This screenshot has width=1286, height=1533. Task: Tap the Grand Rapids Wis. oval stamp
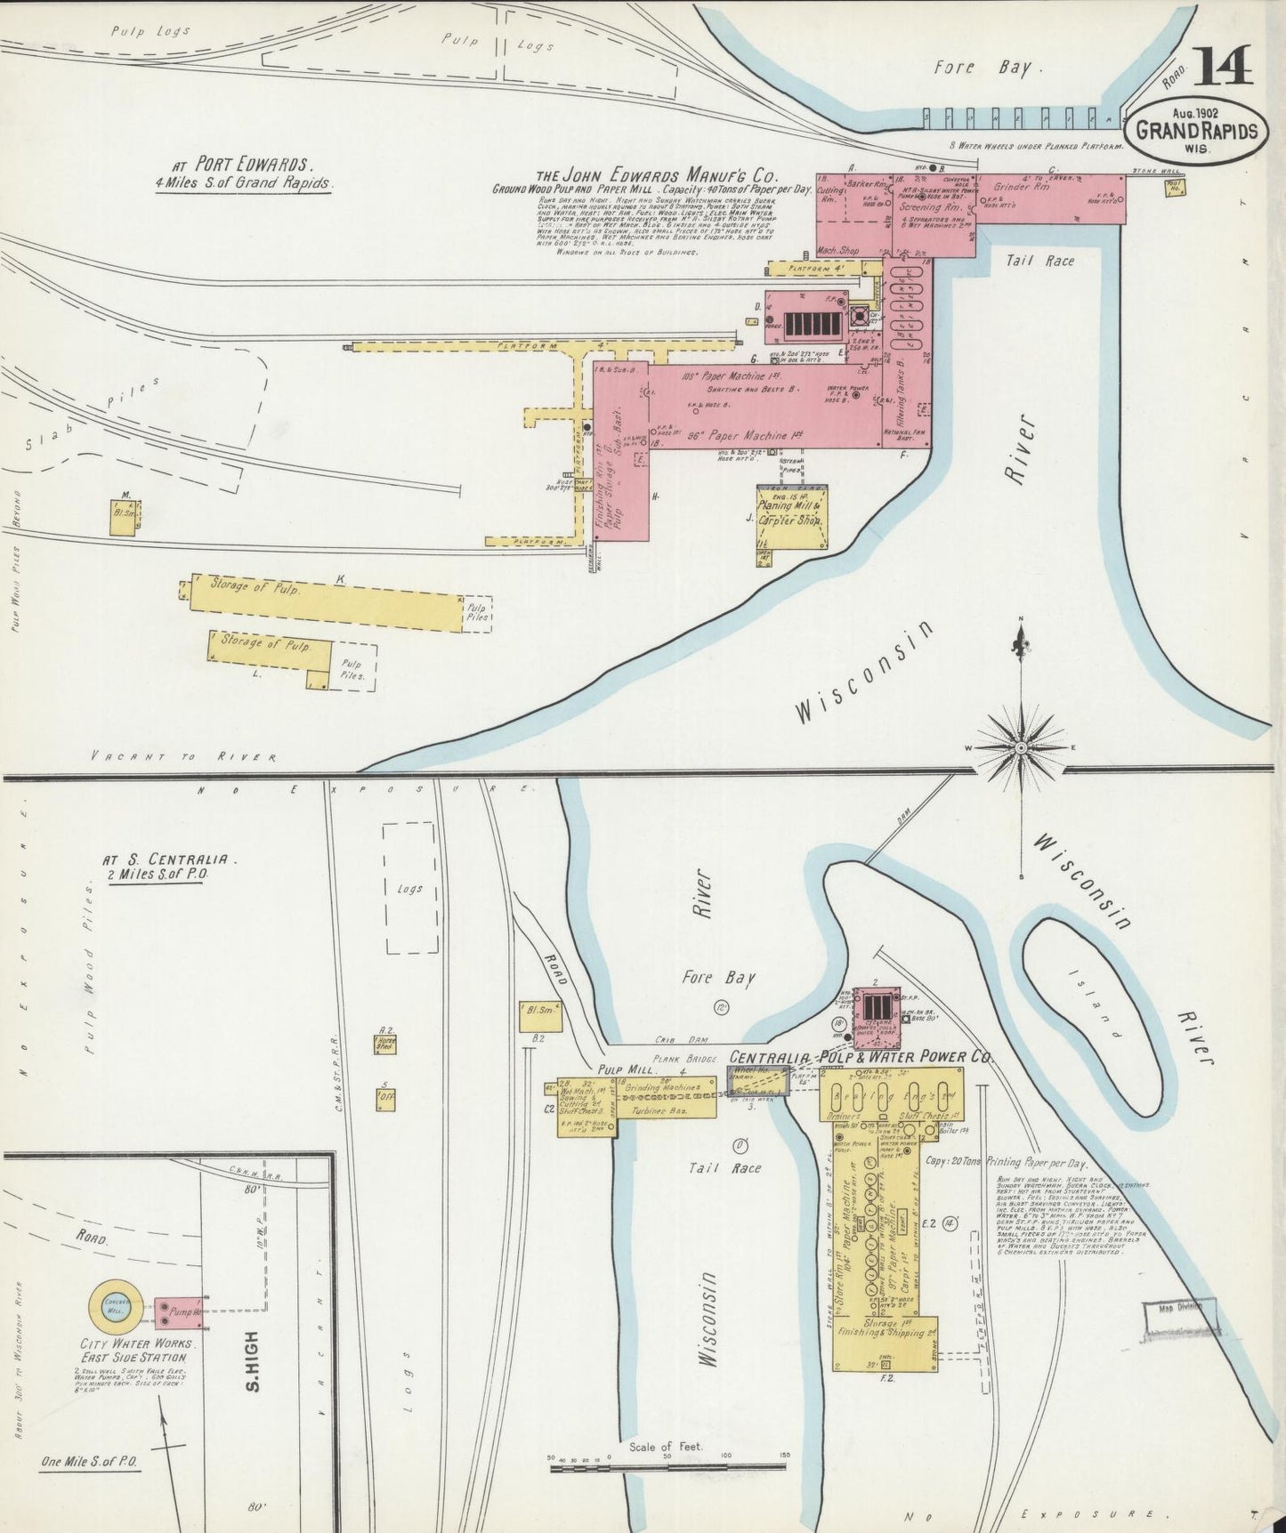point(1196,130)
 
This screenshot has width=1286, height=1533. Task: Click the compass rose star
point(1021,748)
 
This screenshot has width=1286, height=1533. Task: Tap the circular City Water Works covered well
point(115,1305)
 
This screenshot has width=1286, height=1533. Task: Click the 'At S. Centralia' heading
point(169,860)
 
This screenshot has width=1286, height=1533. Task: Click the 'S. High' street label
point(252,1361)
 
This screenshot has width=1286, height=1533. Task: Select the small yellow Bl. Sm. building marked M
point(123,517)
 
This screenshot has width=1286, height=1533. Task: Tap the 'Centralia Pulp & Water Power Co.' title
point(860,1057)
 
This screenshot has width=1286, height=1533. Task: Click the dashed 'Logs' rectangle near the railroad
point(410,887)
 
